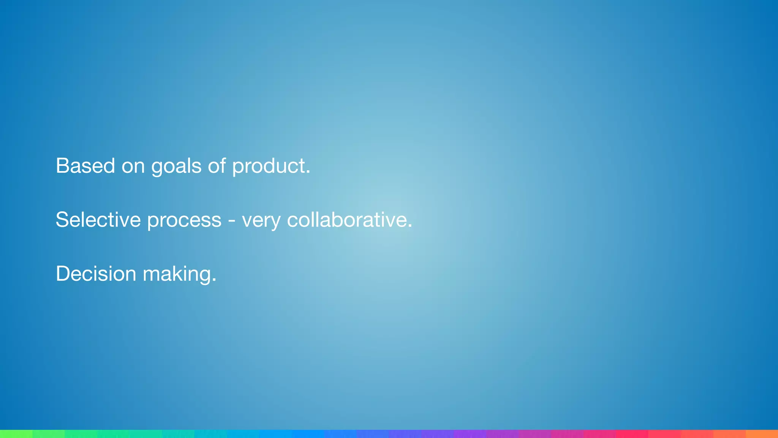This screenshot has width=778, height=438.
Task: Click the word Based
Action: point(85,166)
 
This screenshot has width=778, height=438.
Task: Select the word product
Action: point(269,167)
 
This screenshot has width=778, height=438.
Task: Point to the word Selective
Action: point(98,220)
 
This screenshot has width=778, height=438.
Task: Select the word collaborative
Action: point(347,220)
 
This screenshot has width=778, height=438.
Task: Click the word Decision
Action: point(96,274)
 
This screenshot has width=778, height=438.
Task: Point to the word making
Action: point(177,275)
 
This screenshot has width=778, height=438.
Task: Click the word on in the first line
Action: point(133,167)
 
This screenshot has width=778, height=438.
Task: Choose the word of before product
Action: point(217,166)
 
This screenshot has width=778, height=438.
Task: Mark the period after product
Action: point(308,173)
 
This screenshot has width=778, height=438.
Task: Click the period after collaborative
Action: point(410,227)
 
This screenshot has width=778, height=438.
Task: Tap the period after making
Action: point(214,281)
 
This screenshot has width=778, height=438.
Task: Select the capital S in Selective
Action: point(62,220)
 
